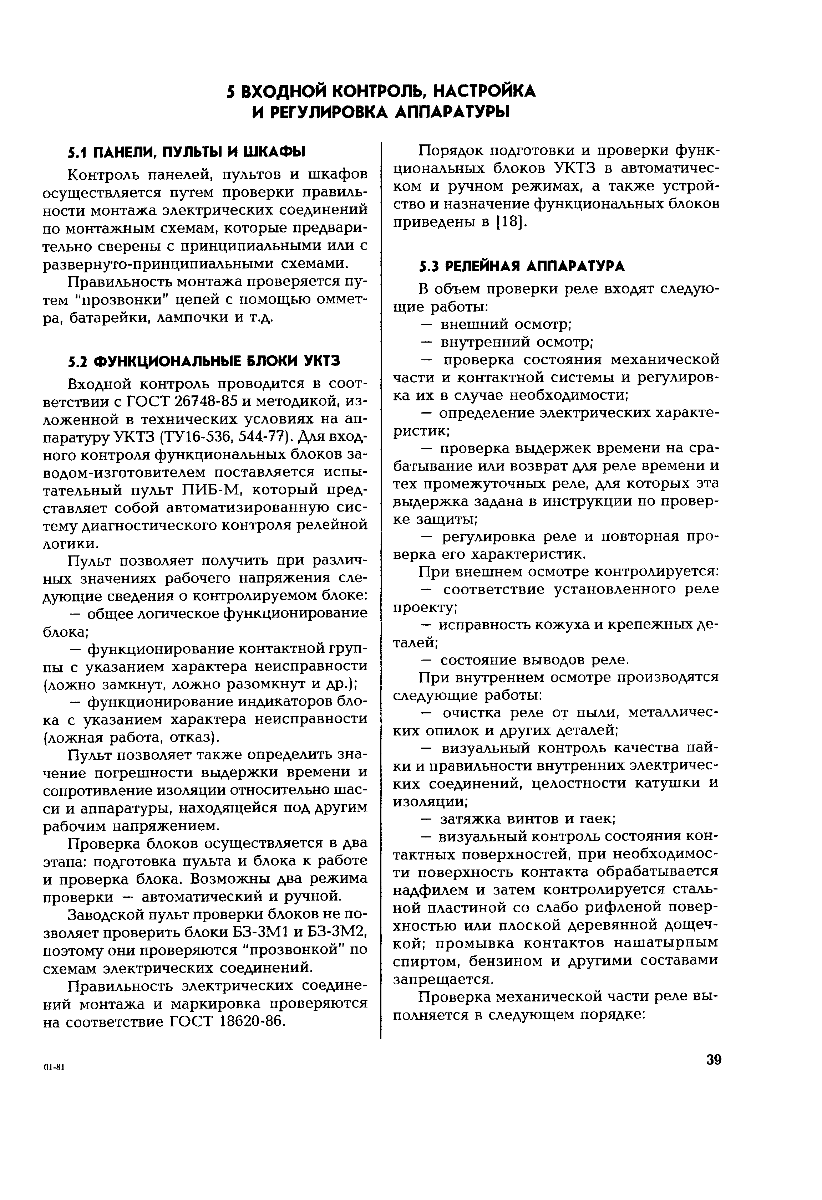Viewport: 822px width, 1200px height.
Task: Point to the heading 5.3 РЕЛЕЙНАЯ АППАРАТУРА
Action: click(522, 266)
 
